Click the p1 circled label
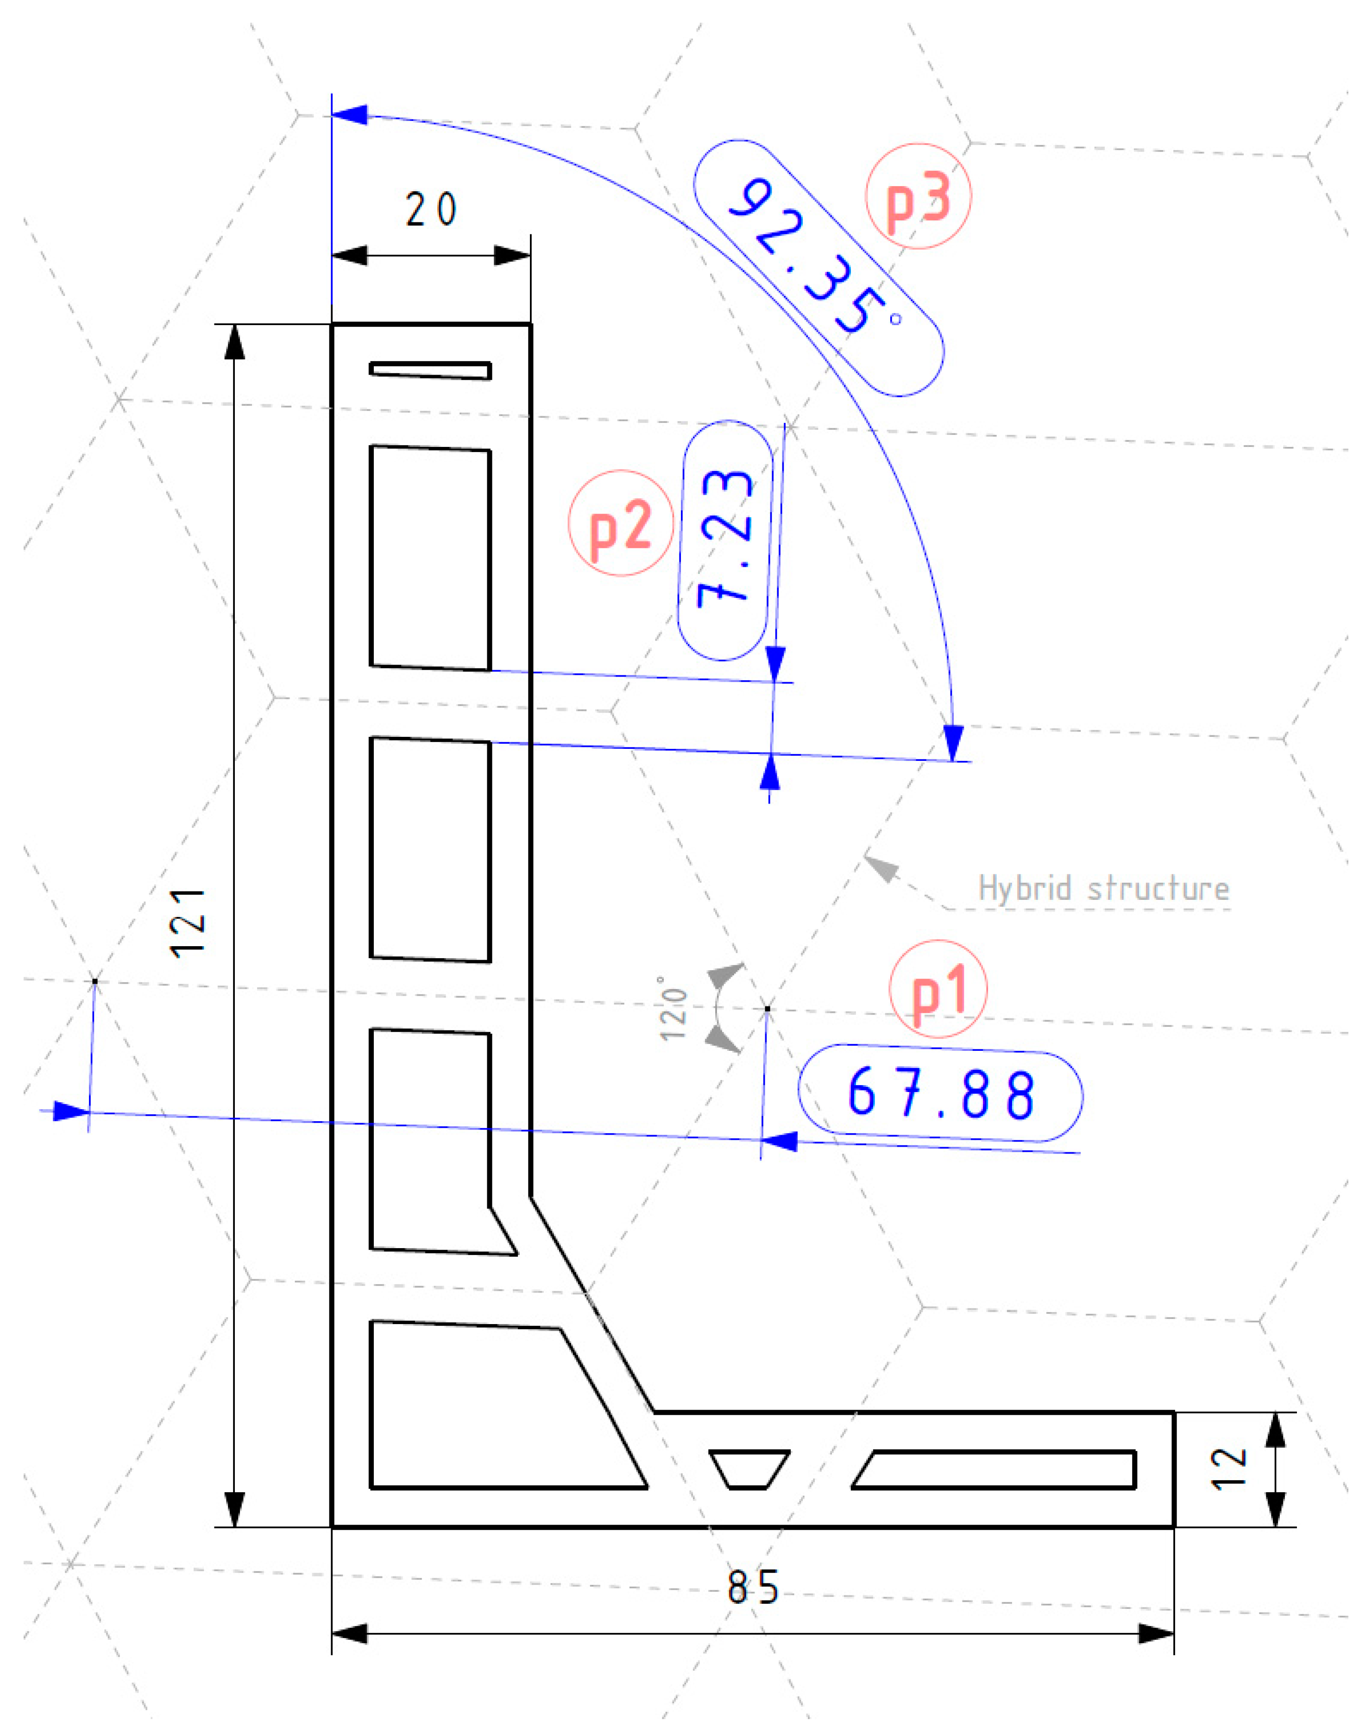(938, 989)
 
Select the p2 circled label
(620, 523)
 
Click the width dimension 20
(431, 210)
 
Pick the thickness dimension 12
(1229, 1469)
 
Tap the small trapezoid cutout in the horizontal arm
(749, 1469)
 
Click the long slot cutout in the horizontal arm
(996, 1469)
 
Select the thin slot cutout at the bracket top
(431, 370)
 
